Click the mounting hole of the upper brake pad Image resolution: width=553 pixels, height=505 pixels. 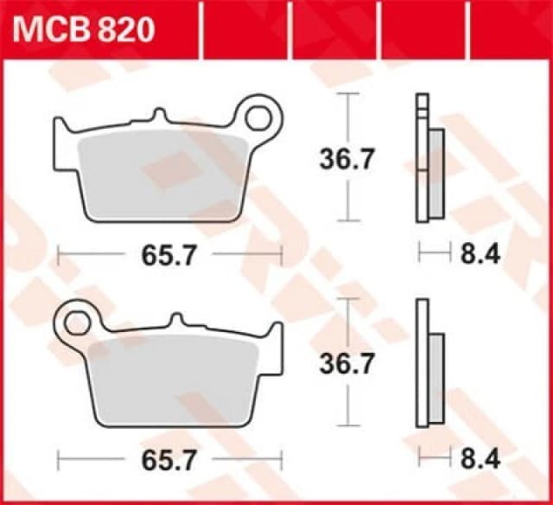coord(264,114)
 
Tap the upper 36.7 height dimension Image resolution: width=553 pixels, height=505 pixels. coord(346,158)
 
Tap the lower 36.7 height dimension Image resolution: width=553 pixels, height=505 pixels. coord(346,364)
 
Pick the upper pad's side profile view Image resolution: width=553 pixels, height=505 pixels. coord(429,164)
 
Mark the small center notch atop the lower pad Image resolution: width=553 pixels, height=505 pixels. coord(179,320)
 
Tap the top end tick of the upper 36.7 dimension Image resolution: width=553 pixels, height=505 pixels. coord(346,93)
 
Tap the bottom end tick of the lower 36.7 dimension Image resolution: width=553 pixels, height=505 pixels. coord(346,425)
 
